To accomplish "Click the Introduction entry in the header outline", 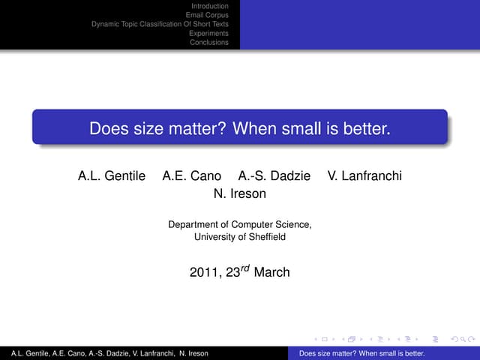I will tap(210, 6).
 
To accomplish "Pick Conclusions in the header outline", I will tap(209, 42).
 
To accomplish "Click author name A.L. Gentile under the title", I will tap(111, 176).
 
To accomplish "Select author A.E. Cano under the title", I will tap(192, 176).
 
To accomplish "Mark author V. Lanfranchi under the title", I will tap(364, 176).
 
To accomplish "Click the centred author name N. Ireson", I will tap(240, 193).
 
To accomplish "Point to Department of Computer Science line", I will tap(240, 224).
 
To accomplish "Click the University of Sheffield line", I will tap(240, 237).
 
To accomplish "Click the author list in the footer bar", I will tap(105, 353).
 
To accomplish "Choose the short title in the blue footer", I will tap(361, 353).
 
